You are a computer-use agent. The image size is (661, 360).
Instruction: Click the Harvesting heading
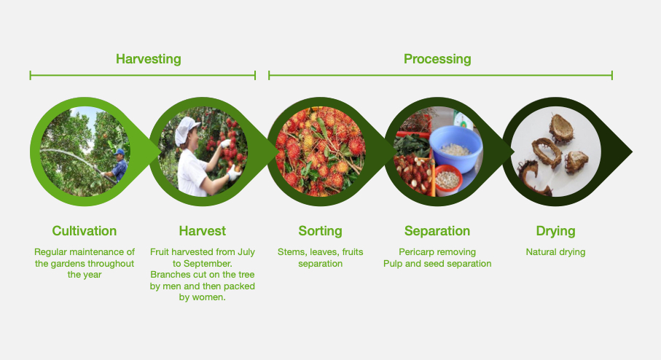pos(149,60)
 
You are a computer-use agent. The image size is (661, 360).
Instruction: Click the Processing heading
pos(437,60)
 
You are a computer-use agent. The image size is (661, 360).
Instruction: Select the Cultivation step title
pos(85,231)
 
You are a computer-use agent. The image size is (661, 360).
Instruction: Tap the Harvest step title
pos(203,231)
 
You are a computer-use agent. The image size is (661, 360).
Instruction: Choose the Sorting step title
pos(320,232)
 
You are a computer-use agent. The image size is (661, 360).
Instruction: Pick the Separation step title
pos(437,232)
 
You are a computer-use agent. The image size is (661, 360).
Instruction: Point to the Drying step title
pos(555,232)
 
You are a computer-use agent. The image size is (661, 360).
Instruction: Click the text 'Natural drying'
pos(555,252)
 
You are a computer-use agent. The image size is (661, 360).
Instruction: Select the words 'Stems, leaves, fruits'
pos(320,252)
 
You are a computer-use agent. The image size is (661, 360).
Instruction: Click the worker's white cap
pos(187,130)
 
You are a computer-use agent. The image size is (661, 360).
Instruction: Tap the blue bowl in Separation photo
pos(455,148)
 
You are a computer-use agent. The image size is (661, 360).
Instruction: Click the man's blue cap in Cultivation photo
pos(120,152)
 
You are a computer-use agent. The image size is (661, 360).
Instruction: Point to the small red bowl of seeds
pos(448,179)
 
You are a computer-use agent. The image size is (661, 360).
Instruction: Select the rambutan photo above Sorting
pos(320,152)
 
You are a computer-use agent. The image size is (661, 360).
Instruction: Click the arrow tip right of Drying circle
pos(632,152)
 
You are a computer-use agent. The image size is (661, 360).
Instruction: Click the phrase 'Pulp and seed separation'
pos(437,264)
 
